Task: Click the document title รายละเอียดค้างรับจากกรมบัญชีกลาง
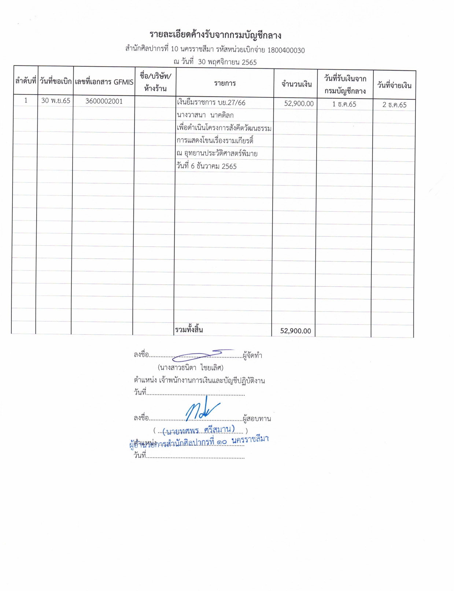[215, 36]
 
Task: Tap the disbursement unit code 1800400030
[286, 50]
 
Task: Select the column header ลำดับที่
[26, 81]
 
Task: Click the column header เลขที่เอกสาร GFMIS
[104, 82]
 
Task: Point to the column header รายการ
[225, 83]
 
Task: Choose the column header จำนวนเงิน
[296, 85]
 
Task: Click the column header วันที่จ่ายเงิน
[394, 86]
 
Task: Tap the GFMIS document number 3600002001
[104, 101]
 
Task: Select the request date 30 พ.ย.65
[56, 101]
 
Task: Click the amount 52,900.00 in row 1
[299, 104]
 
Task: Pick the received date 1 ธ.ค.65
[344, 104]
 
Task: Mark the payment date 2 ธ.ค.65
[394, 105]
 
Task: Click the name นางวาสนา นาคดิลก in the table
[205, 115]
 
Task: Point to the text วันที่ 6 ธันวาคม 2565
[206, 166]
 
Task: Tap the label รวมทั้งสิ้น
[189, 330]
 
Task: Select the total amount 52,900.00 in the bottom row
[295, 331]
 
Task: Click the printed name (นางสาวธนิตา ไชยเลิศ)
[190, 367]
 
